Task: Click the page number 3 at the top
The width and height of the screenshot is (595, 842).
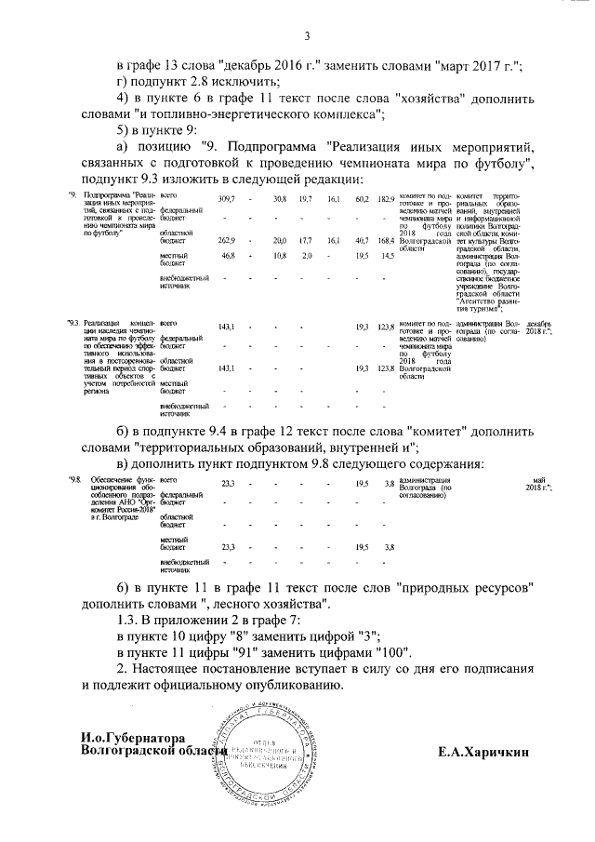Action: pos(305,36)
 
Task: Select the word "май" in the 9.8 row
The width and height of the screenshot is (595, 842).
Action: pos(540,480)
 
